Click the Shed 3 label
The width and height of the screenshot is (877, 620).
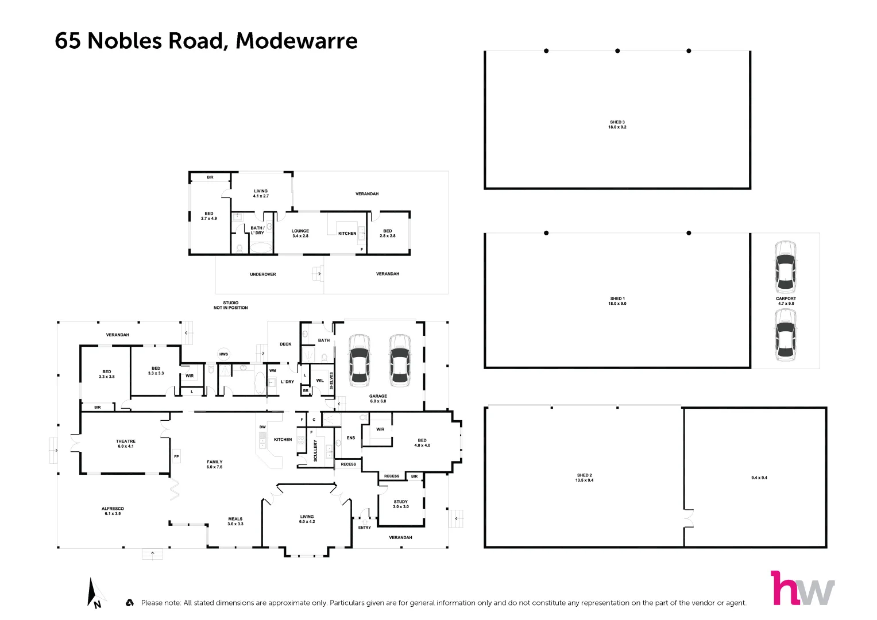(x=617, y=125)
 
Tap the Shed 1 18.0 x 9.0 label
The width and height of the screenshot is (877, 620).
(x=617, y=301)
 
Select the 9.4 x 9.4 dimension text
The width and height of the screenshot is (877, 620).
(x=759, y=478)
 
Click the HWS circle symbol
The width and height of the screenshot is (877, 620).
(x=223, y=354)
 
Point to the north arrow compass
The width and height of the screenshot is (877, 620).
(x=94, y=592)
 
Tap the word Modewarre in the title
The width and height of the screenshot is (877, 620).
(x=296, y=41)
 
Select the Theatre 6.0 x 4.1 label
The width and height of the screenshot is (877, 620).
(x=125, y=444)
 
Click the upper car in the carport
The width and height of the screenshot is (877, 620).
(x=785, y=266)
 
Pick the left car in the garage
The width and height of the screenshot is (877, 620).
(x=359, y=359)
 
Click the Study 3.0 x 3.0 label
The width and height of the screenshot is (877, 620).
(x=401, y=504)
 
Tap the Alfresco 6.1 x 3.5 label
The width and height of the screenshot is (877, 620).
(x=113, y=511)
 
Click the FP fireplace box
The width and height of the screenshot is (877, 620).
(x=176, y=457)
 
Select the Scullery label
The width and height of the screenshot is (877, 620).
(x=315, y=450)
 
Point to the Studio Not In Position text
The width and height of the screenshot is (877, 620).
(x=230, y=305)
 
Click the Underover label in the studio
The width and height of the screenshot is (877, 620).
(x=262, y=274)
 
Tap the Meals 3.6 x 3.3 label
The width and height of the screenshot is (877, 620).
(x=235, y=521)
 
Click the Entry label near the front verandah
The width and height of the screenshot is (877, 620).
(x=364, y=528)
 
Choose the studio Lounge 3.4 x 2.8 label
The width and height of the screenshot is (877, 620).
(x=300, y=233)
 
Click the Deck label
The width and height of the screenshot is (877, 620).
(x=285, y=344)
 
